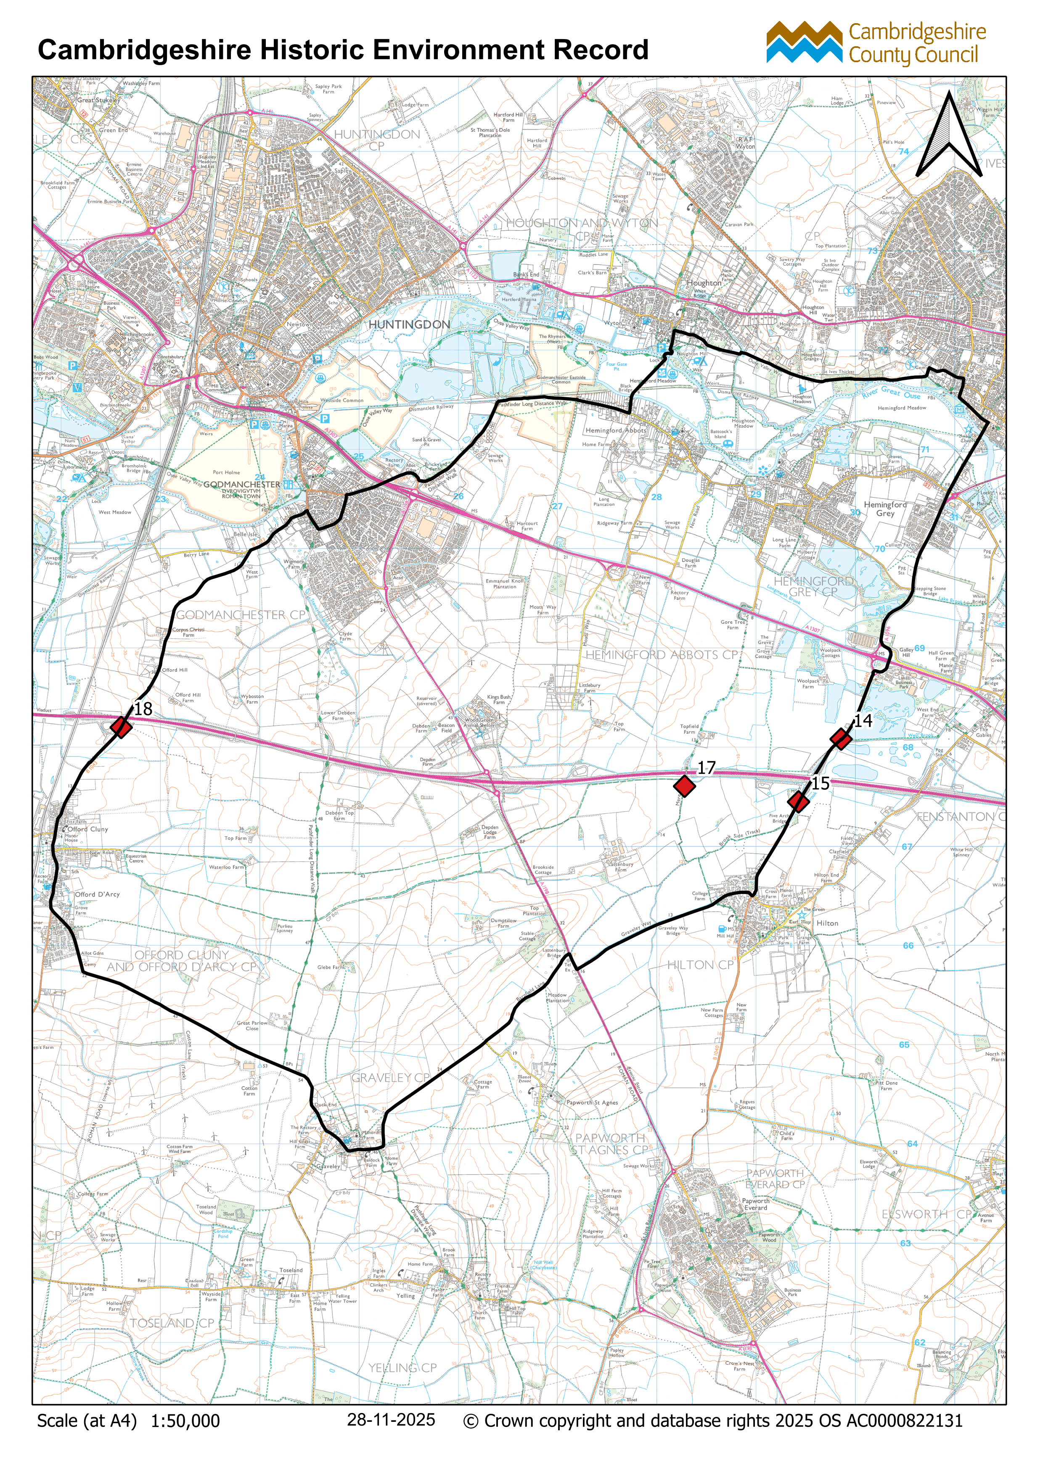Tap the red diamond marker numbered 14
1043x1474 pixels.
pyautogui.click(x=841, y=738)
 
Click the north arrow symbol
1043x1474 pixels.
pyautogui.click(x=949, y=136)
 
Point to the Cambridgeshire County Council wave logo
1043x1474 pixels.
pyautogui.click(x=804, y=42)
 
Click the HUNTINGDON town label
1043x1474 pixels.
pyautogui.click(x=409, y=325)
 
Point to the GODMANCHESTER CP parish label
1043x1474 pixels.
pyautogui.click(x=241, y=615)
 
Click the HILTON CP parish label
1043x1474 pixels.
pyautogui.click(x=700, y=965)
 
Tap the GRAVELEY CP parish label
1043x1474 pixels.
pyautogui.click(x=390, y=1078)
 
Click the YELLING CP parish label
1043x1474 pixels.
pyautogui.click(x=402, y=1368)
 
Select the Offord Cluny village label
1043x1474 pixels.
pyautogui.click(x=88, y=829)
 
